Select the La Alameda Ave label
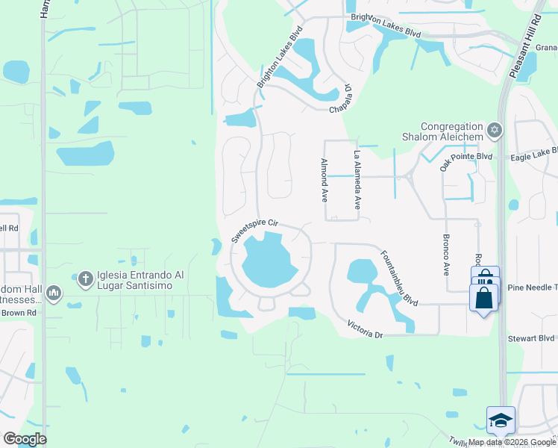click(x=357, y=180)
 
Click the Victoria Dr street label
click(x=365, y=329)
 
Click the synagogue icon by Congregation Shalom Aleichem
click(x=493, y=131)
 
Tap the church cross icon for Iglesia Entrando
click(x=85, y=279)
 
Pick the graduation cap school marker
click(x=501, y=420)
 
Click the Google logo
click(x=25, y=439)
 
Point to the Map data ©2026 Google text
click(x=511, y=442)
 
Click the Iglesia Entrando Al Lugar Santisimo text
click(x=142, y=283)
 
